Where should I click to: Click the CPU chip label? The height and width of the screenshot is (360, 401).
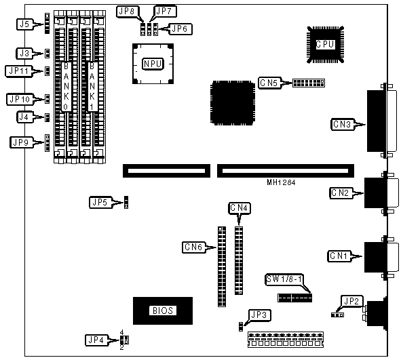click(x=325, y=45)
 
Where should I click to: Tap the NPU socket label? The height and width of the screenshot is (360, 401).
click(x=153, y=63)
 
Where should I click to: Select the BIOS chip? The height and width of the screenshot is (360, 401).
click(x=163, y=311)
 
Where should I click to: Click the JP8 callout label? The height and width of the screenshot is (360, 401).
click(x=128, y=12)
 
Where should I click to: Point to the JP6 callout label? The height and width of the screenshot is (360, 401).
click(x=180, y=29)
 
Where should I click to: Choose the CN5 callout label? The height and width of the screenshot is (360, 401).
click(x=269, y=83)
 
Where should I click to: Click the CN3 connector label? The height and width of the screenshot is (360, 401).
click(x=342, y=125)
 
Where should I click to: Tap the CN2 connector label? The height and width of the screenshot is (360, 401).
click(x=341, y=193)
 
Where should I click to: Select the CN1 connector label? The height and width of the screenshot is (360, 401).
click(x=339, y=256)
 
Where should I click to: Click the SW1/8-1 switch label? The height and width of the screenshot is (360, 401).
click(x=284, y=279)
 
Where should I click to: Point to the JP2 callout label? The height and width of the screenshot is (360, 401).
click(x=351, y=301)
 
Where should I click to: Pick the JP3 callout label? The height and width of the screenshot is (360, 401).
click(x=259, y=315)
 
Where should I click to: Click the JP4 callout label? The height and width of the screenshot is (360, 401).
click(x=96, y=340)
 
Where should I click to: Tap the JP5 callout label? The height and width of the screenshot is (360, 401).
click(x=100, y=202)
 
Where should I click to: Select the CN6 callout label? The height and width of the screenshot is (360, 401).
click(x=193, y=247)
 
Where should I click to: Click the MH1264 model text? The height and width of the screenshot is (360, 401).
click(x=281, y=182)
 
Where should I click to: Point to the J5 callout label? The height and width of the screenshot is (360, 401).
click(x=25, y=24)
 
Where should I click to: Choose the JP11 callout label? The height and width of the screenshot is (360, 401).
click(x=18, y=71)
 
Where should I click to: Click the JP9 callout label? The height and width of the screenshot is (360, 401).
click(x=21, y=142)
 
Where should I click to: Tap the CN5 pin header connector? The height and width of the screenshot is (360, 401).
click(x=309, y=83)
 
